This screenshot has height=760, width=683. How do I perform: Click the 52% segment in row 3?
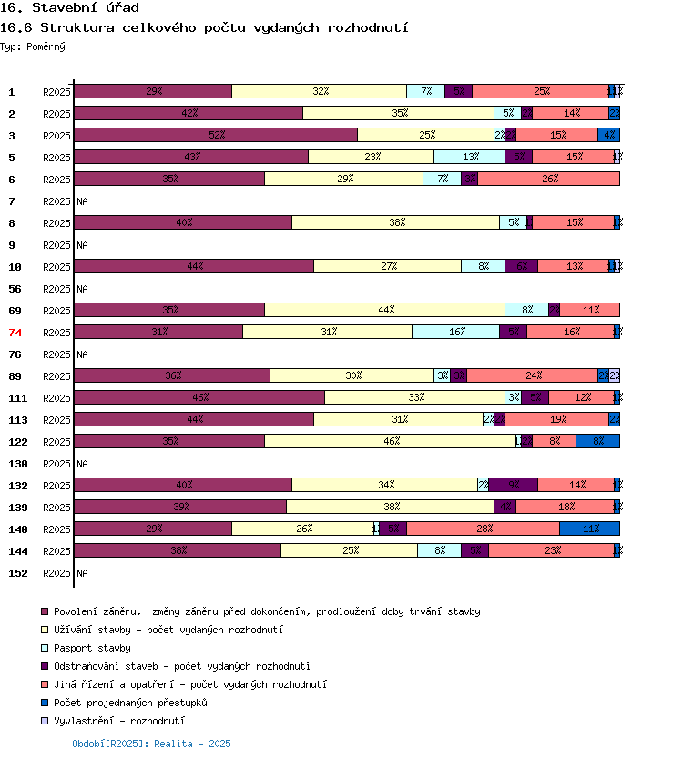tap(216, 135)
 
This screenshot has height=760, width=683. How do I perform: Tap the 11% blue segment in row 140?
tap(589, 529)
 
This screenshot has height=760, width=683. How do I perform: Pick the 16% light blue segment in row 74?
tap(455, 332)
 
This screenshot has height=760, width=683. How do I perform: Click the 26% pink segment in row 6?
tap(549, 179)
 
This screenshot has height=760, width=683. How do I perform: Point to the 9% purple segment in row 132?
tap(514, 485)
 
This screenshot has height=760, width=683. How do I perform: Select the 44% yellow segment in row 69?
tap(384, 310)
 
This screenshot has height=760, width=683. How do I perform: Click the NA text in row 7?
tap(82, 201)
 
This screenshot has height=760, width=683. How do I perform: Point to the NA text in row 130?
tap(82, 464)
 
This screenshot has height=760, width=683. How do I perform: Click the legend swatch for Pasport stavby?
tap(44, 648)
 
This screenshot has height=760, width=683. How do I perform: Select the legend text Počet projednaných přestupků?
tap(130, 703)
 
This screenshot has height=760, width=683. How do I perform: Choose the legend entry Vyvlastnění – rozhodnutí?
tap(118, 721)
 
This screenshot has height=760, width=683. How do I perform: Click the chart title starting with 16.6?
tap(204, 28)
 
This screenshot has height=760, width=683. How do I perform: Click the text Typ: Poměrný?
tap(33, 46)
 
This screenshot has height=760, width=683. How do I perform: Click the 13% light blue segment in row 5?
tap(470, 157)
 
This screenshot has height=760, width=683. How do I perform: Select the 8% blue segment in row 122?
tap(597, 441)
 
